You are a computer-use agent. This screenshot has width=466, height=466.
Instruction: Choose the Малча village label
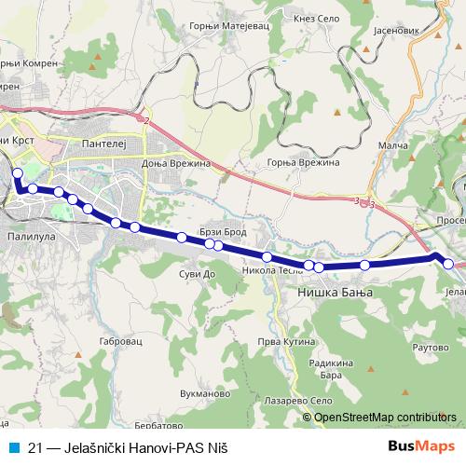tap(393, 145)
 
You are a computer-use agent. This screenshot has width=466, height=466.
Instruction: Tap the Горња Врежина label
tap(304, 162)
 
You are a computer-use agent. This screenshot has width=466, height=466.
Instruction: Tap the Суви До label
tap(197, 275)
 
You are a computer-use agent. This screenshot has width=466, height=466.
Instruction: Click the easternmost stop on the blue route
tap(448, 265)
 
